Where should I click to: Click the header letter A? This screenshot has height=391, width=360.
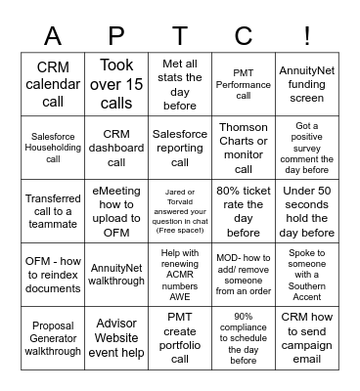coord(53,35)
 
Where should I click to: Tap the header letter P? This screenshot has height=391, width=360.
coord(116,35)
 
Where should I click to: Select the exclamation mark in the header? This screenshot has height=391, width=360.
coord(307,35)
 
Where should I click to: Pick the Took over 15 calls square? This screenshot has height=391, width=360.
coord(116,85)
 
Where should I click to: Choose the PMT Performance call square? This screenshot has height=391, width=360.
coord(244,85)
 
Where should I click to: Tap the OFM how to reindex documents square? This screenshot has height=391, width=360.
coord(53,275)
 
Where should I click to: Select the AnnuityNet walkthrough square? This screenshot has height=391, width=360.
coord(116,275)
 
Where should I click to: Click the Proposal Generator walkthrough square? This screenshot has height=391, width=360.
coord(53,338)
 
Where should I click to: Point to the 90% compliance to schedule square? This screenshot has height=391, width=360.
coord(244,338)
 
